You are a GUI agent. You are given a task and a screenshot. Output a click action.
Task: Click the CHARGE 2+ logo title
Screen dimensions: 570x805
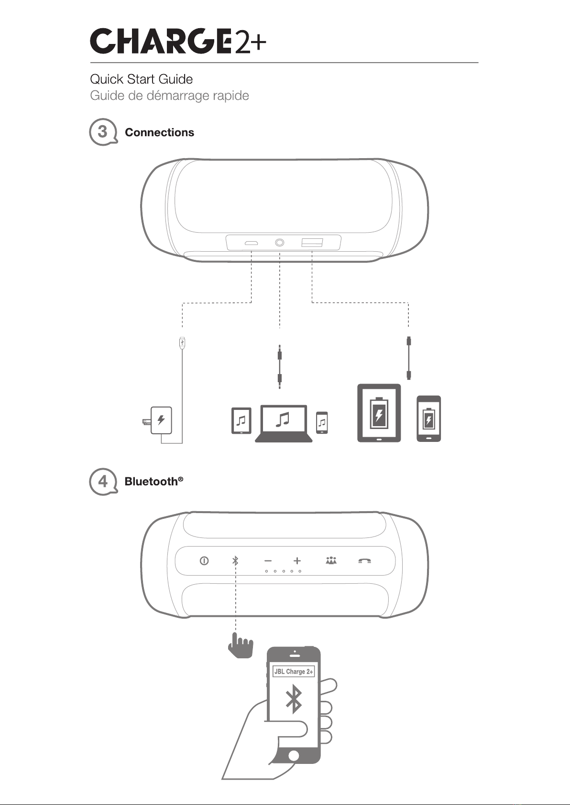(x=178, y=41)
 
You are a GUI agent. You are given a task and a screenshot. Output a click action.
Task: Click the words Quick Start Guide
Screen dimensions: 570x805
(x=142, y=79)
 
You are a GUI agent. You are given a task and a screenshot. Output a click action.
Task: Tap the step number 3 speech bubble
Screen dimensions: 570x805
(x=103, y=132)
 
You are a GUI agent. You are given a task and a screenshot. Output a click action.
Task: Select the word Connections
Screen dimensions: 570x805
(x=159, y=132)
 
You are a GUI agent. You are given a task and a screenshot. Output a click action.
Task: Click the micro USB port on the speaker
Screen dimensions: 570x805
(x=251, y=243)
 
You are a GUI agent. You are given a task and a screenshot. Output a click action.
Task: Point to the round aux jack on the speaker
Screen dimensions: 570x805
(x=279, y=243)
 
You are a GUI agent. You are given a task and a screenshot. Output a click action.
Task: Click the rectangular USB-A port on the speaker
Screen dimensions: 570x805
(x=312, y=243)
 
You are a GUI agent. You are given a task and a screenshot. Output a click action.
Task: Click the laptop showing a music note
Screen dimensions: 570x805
(x=284, y=423)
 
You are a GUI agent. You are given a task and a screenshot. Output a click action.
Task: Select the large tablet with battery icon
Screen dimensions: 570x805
(x=379, y=413)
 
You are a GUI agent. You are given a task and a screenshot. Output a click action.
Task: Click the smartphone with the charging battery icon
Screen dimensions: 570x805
(x=428, y=419)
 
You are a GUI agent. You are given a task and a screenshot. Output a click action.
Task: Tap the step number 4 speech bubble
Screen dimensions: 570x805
(x=103, y=482)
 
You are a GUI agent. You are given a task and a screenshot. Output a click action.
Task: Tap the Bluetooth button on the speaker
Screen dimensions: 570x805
(x=235, y=560)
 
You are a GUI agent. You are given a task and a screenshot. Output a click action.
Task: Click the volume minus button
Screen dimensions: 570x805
(x=268, y=560)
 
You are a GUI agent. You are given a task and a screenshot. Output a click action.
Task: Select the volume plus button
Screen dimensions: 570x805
(x=297, y=560)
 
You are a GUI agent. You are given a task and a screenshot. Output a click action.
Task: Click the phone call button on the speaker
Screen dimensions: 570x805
(x=365, y=561)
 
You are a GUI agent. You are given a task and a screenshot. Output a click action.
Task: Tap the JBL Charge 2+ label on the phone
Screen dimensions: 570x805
(x=294, y=671)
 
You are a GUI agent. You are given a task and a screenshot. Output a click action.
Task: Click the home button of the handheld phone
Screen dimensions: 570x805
(x=294, y=755)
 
